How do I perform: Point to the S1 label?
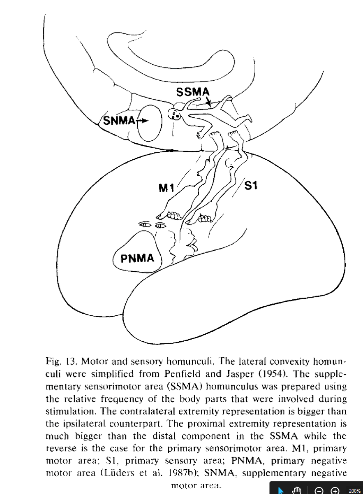(x=251, y=186)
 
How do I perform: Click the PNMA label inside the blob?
(x=137, y=259)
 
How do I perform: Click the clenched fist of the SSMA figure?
(x=201, y=134)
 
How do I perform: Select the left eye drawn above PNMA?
(x=144, y=225)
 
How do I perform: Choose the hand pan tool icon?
(x=297, y=490)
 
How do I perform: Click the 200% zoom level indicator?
(x=354, y=490)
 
